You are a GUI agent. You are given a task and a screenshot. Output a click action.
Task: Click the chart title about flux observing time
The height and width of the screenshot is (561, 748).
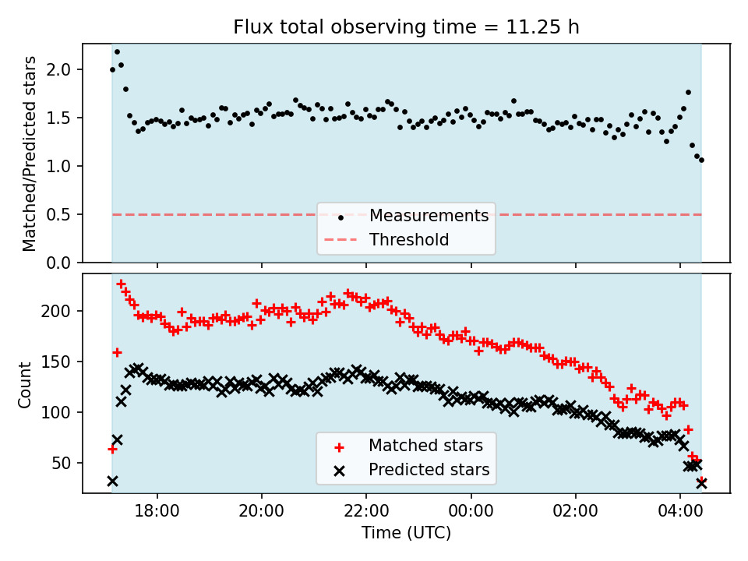point(406,27)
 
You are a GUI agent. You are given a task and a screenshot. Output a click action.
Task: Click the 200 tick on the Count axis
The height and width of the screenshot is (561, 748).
point(62,311)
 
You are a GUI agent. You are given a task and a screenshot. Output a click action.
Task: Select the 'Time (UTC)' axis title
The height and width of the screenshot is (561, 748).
point(406,534)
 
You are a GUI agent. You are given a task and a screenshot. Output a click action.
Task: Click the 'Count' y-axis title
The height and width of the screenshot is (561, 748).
point(26,384)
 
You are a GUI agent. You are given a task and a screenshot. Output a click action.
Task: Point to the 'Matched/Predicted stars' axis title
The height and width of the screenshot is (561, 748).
point(30,153)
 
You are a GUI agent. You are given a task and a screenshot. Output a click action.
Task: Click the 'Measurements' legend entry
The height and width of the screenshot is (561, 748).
point(429,216)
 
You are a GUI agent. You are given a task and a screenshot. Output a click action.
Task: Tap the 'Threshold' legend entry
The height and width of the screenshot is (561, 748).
point(409,240)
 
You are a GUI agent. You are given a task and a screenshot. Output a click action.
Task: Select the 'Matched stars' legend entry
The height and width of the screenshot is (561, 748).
point(425,446)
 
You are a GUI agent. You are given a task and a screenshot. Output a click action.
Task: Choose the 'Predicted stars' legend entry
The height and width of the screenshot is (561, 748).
point(429,470)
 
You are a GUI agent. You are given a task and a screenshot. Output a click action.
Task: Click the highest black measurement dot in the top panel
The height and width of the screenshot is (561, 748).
point(117,51)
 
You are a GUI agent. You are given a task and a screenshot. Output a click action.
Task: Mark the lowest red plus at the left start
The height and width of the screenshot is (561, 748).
point(112,449)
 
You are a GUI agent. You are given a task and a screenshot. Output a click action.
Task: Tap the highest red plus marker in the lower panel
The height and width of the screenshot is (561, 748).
point(121,284)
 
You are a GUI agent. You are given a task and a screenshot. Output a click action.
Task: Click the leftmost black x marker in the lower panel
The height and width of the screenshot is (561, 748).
point(112,482)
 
